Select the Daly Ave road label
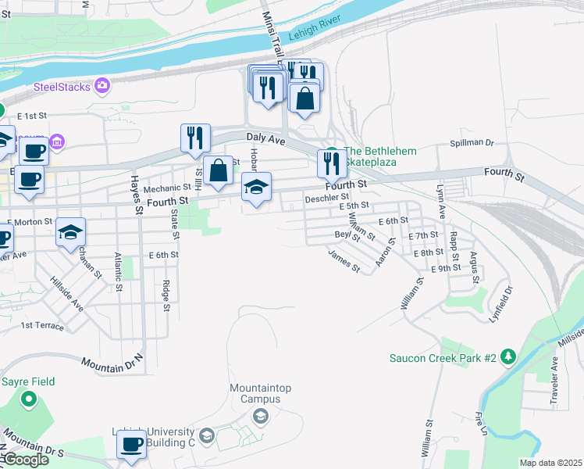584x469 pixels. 267,138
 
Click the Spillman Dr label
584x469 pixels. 472,143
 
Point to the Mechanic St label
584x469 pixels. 167,188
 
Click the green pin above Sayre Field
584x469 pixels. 30,400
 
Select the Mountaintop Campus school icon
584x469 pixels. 261,415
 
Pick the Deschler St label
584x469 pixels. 326,198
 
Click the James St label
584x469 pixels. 344,261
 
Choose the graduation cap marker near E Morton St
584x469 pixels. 71,232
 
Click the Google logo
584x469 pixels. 26,460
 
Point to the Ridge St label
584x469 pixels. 166,296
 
